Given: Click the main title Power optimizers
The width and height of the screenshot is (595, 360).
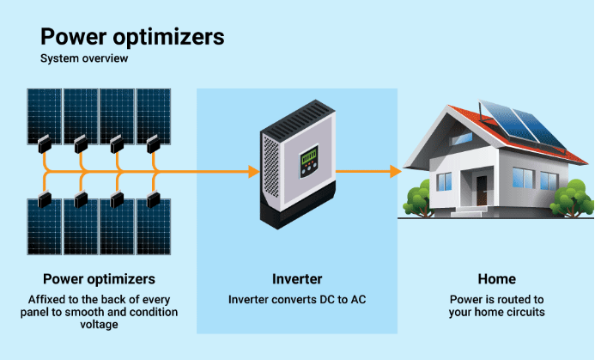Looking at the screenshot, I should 132,37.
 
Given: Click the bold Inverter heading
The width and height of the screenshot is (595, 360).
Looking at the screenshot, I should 296,279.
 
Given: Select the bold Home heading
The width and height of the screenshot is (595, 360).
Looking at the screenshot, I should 496,279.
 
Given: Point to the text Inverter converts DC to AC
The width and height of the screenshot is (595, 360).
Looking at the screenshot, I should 296,300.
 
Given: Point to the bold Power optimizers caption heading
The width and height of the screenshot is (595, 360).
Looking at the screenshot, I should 99,279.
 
